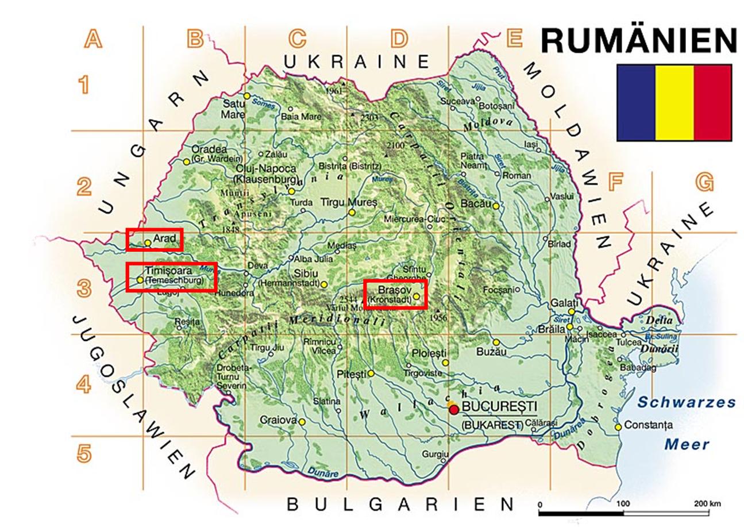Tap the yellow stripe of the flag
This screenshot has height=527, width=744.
pyautogui.click(x=674, y=102)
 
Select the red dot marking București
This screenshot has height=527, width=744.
pyautogui.click(x=454, y=409)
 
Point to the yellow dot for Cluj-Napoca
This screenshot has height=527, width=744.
pyautogui.click(x=291, y=191)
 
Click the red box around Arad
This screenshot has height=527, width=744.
pyautogui.click(x=155, y=239)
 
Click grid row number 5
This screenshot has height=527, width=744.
pyautogui.click(x=84, y=453)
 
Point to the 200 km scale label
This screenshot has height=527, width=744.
pyautogui.click(x=706, y=503)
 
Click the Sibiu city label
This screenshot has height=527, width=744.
pyautogui.click(x=306, y=274)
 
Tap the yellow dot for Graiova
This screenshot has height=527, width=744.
pyautogui.click(x=302, y=421)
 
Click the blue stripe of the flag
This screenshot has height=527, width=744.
pyautogui.click(x=636, y=102)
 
